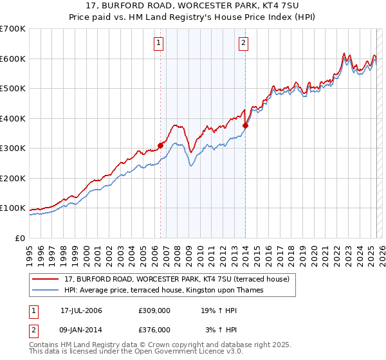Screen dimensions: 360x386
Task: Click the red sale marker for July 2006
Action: (160, 146)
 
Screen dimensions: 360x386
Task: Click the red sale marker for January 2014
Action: (245, 126)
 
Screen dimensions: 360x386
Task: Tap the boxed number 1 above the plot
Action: (158, 44)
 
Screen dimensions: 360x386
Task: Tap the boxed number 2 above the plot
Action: (244, 44)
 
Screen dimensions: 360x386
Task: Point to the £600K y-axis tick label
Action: (13, 59)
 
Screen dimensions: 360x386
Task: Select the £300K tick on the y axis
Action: (13, 148)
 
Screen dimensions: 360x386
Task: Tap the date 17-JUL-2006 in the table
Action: (81, 310)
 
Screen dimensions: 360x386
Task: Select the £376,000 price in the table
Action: (154, 329)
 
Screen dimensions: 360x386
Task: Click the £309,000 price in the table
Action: (154, 310)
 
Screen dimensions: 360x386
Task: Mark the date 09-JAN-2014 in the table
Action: (81, 329)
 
